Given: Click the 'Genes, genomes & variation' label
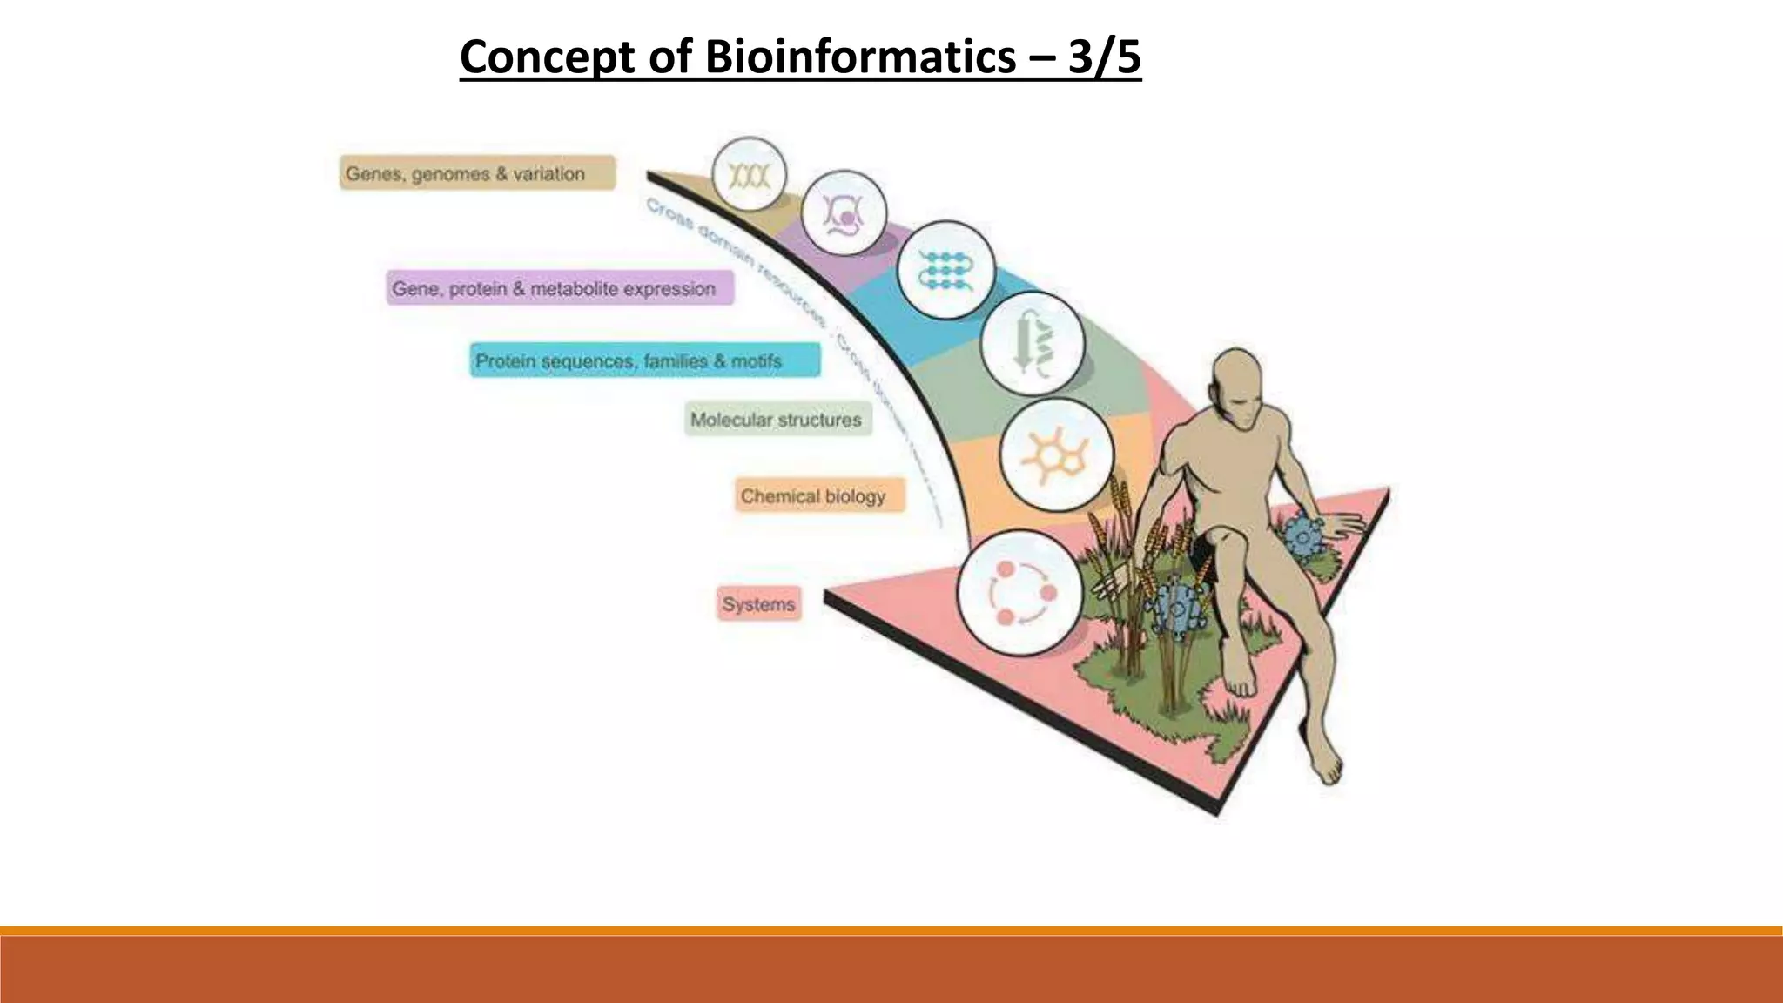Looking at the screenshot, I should coord(477,173).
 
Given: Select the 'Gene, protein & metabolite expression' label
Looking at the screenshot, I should coord(560,288).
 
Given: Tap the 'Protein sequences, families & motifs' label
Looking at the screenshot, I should coord(644,360).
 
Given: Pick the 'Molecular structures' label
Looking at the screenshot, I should coord(777,420).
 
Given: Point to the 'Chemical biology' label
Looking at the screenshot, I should coord(819,496).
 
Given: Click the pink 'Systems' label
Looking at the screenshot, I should coord(759,604).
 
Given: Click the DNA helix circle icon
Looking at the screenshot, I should coord(749,175).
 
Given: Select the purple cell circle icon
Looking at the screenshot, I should coord(843,213).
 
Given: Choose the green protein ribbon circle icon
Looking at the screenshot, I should coord(1033,344).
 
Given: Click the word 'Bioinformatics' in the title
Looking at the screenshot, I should coord(858,57).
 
